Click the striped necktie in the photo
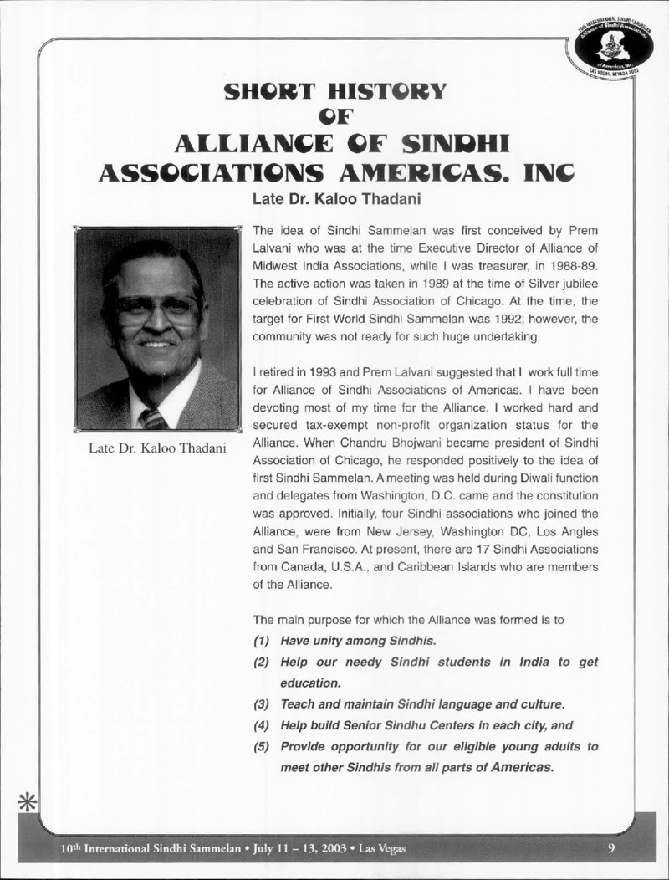click(154, 418)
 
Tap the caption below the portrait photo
click(158, 448)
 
